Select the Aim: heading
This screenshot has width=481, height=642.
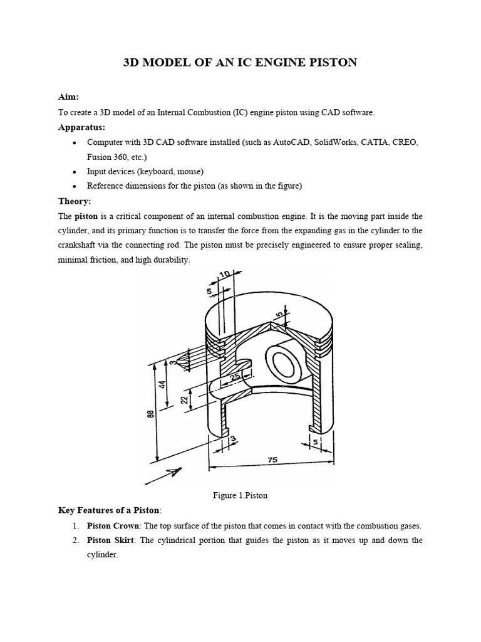[x=68, y=97]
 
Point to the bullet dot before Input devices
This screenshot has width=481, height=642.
[x=75, y=172]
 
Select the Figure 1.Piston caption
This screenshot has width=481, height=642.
[x=240, y=495]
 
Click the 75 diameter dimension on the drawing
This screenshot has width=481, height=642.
[x=272, y=460]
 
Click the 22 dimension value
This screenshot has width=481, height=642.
[x=184, y=399]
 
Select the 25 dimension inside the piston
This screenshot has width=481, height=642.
[x=234, y=377]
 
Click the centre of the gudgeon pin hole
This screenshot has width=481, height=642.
[x=278, y=361]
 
